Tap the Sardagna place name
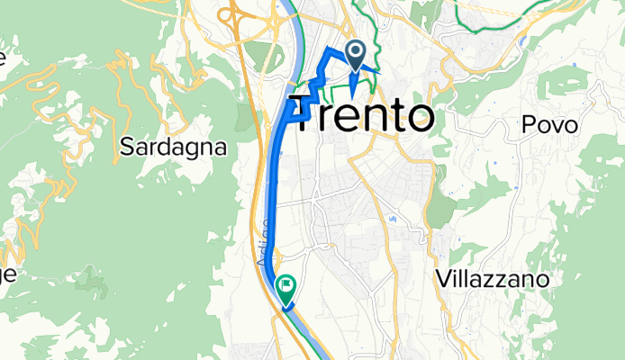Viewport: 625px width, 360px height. pyautogui.click(x=172, y=147)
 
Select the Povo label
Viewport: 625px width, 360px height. pyautogui.click(x=548, y=127)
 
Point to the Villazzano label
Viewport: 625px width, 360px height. pyautogui.click(x=492, y=280)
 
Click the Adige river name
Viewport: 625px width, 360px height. pyautogui.click(x=264, y=242)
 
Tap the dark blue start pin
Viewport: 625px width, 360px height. pyautogui.click(x=356, y=57)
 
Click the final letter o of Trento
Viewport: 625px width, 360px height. pyautogui.click(x=420, y=118)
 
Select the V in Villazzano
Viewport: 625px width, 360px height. pyautogui.click(x=440, y=280)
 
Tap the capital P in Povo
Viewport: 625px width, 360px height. pyautogui.click(x=527, y=127)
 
